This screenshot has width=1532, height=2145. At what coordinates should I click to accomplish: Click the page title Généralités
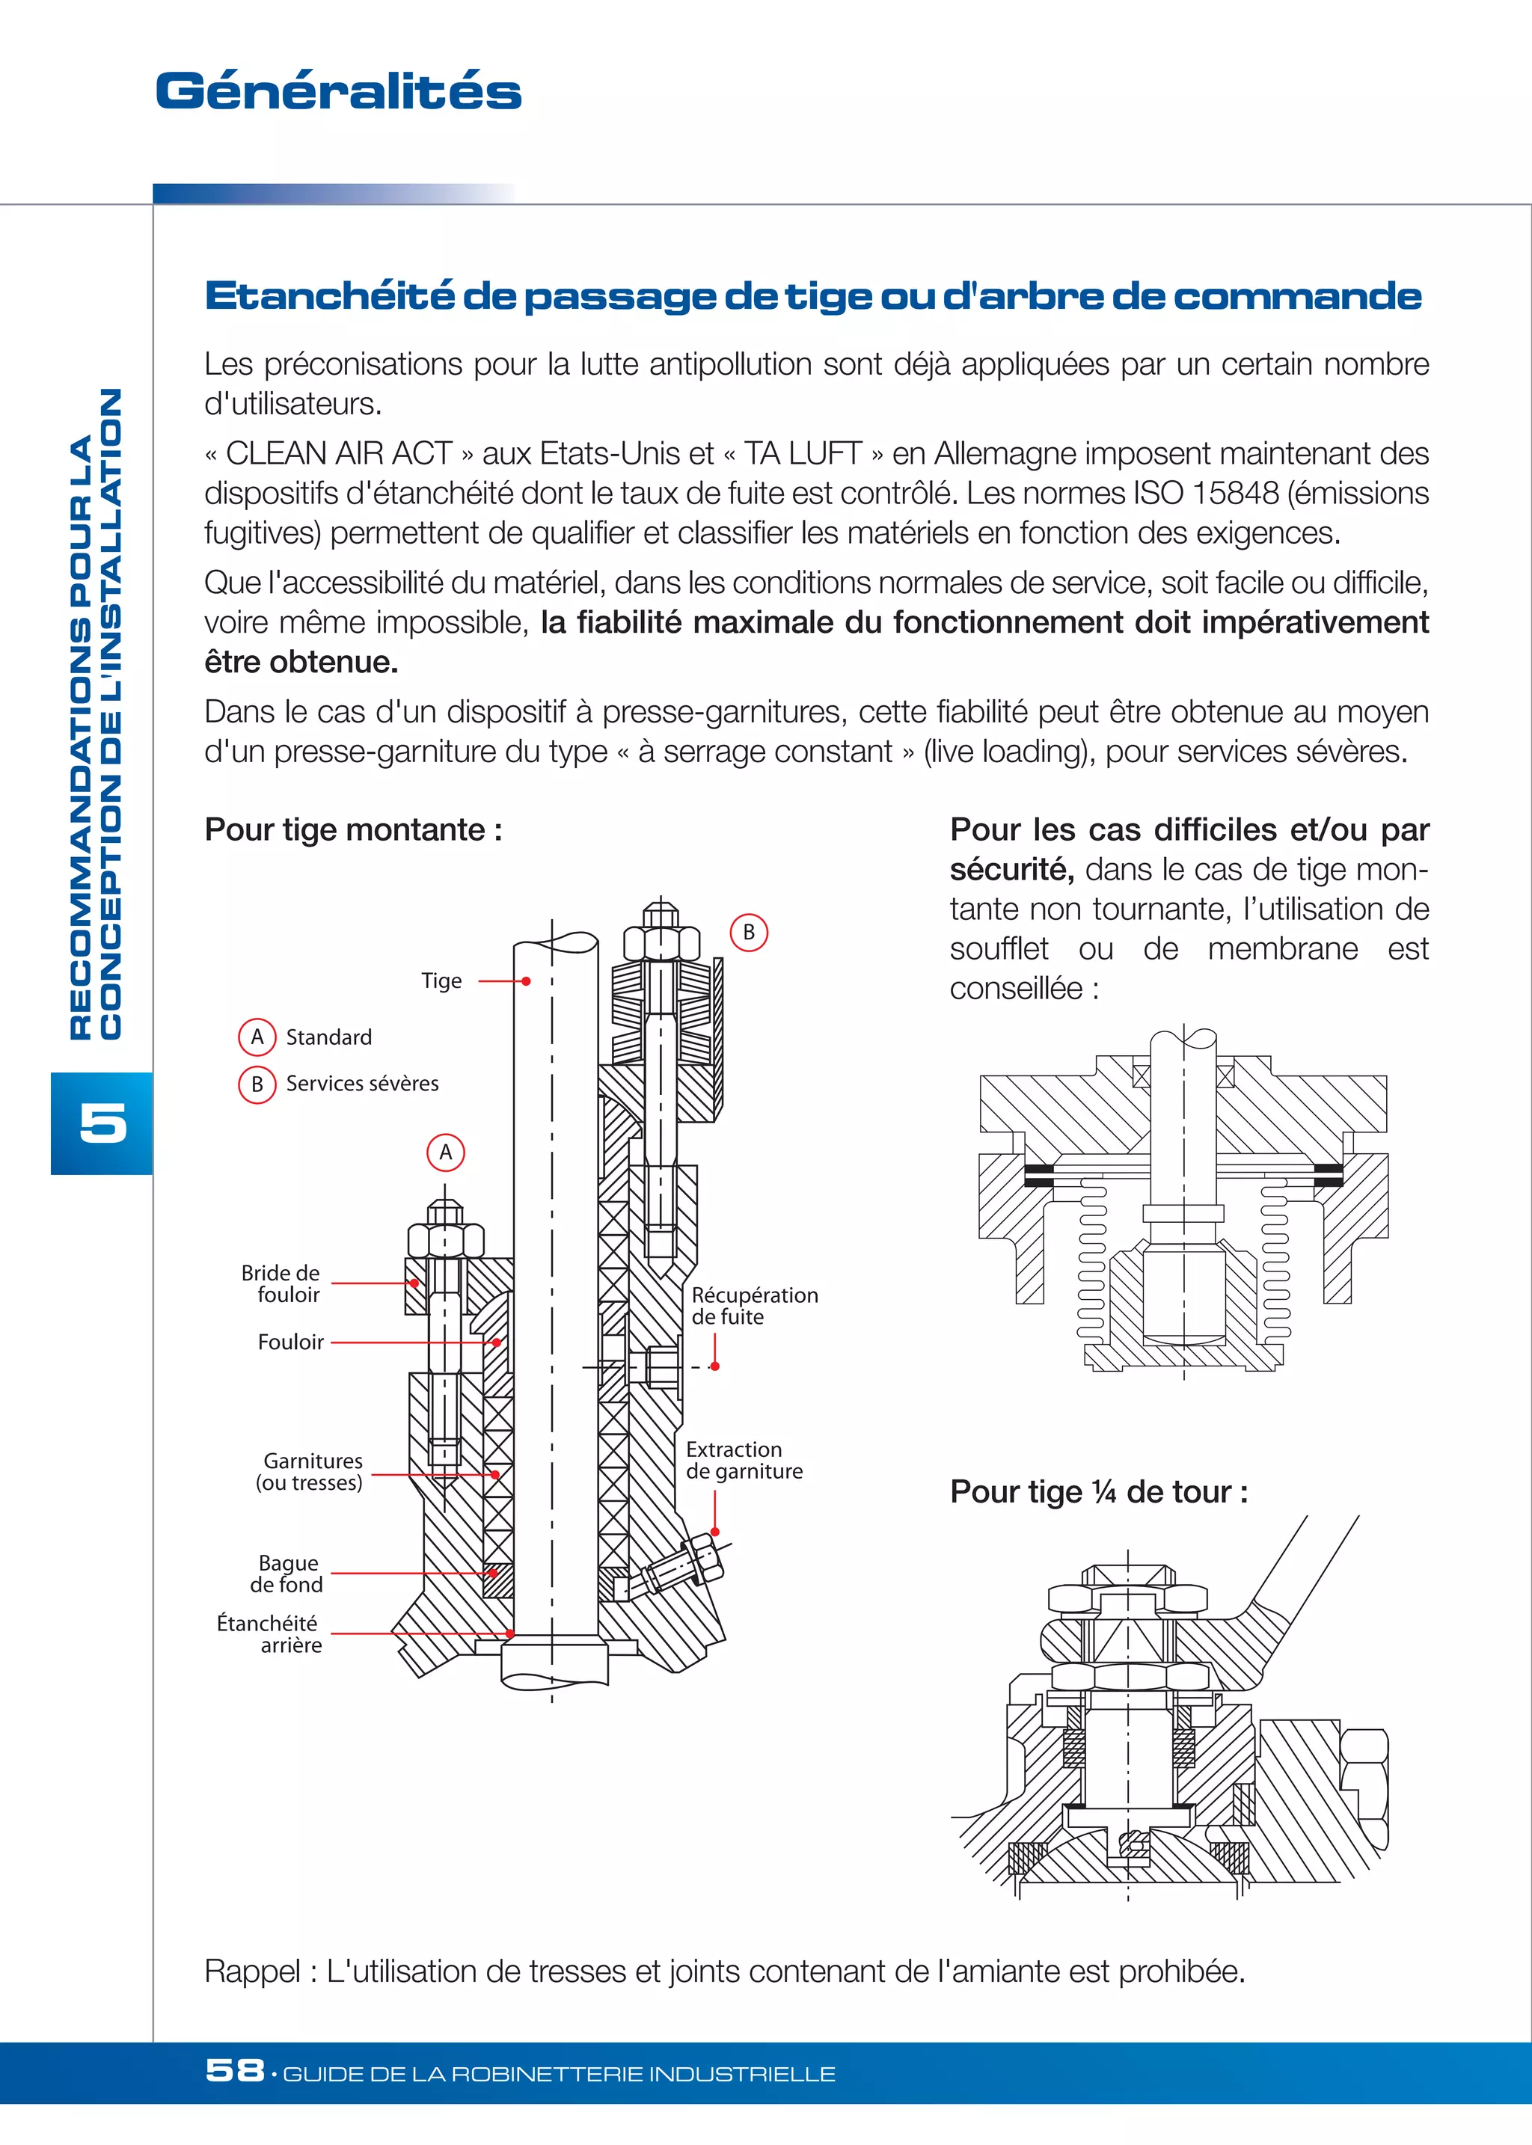click(x=337, y=91)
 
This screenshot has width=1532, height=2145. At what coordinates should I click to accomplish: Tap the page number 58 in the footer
click(x=234, y=2069)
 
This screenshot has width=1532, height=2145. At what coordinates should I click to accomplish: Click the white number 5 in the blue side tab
click(x=102, y=1123)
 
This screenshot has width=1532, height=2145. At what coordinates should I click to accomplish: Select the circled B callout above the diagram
click(x=749, y=932)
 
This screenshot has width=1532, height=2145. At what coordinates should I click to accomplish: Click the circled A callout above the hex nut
click(x=446, y=1152)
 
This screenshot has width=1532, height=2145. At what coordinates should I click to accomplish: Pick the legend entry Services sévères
click(x=362, y=1083)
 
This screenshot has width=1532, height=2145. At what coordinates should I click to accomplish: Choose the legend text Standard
click(x=328, y=1037)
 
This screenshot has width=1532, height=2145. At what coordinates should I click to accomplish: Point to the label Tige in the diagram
click(x=441, y=981)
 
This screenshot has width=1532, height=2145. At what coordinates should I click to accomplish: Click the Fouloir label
click(x=290, y=1341)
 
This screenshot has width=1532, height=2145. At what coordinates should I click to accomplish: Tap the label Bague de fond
click(x=287, y=1574)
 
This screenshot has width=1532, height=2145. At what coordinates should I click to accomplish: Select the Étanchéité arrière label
click(x=269, y=1633)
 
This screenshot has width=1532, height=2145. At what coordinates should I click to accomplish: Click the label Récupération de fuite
click(x=754, y=1306)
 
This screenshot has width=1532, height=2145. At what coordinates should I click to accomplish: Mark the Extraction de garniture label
click(x=744, y=1460)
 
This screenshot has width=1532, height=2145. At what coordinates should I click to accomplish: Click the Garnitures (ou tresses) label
click(x=310, y=1471)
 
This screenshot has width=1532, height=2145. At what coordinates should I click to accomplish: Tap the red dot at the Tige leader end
click(x=527, y=981)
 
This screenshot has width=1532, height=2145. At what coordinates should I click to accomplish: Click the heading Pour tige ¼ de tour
click(x=1098, y=1491)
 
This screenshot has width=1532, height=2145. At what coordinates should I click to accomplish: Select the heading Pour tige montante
click(x=353, y=829)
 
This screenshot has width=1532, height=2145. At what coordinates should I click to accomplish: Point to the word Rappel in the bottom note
click(x=251, y=1971)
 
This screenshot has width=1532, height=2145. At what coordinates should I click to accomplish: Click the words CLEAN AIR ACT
click(x=339, y=454)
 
